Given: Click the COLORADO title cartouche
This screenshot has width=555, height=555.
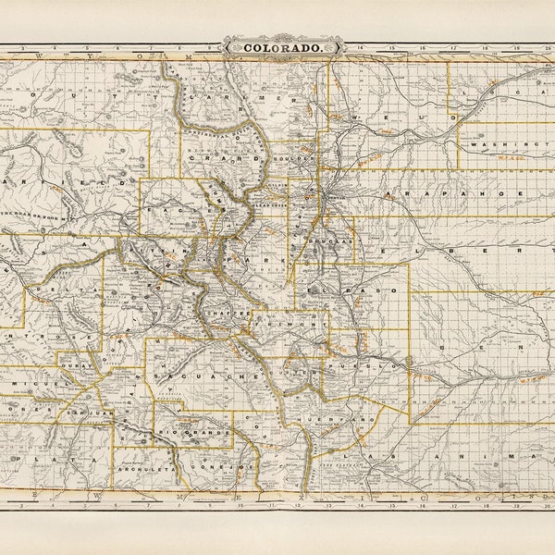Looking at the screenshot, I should (x=283, y=45).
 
